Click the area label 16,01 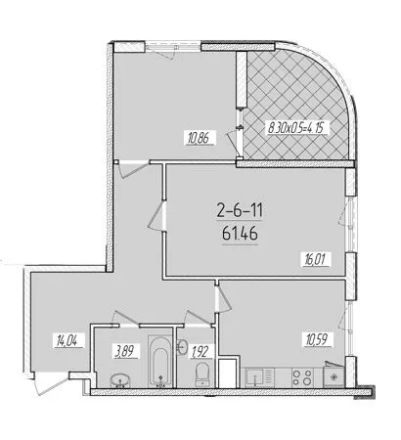click(312, 260)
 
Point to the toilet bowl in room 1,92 click(200, 375)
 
